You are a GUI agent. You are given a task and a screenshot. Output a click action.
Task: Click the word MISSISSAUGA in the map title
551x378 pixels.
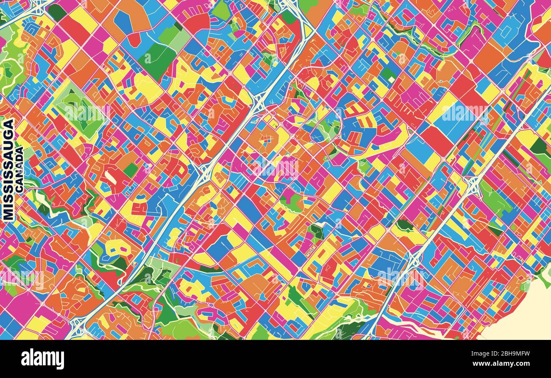8,169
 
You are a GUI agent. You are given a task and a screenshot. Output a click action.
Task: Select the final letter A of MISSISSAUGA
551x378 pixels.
8,123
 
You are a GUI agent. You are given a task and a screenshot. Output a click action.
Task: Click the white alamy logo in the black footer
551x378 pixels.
42,359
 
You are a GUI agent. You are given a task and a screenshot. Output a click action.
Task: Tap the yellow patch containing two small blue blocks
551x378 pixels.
117,248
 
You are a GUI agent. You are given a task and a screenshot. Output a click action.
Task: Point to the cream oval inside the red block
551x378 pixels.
109,177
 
